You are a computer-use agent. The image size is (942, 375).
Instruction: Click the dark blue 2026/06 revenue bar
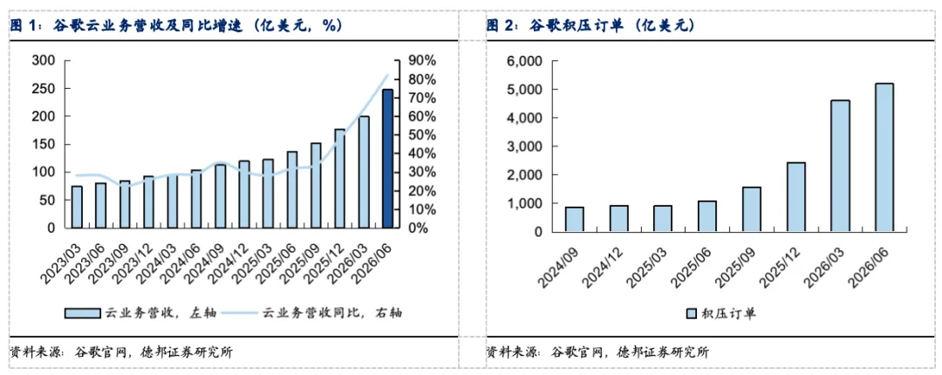(x=387, y=159)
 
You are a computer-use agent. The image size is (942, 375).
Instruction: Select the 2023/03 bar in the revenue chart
(x=76, y=208)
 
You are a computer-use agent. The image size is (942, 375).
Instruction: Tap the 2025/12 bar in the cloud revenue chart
(x=340, y=179)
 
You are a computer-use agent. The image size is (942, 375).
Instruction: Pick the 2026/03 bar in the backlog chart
(x=840, y=166)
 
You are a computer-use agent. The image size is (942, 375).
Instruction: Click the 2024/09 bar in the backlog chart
(x=574, y=220)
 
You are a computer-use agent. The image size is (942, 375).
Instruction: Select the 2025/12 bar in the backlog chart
(x=795, y=197)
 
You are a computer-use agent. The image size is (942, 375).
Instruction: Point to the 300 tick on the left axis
(x=44, y=61)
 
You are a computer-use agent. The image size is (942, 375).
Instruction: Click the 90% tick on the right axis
(x=423, y=61)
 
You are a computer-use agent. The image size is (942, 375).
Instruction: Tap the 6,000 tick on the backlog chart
(x=524, y=61)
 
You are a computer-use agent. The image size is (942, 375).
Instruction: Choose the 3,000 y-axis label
(x=524, y=147)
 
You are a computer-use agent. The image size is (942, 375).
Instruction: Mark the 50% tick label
(x=423, y=135)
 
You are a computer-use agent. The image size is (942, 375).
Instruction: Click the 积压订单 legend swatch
(x=690, y=313)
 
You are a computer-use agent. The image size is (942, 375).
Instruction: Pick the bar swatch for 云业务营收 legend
(x=83, y=313)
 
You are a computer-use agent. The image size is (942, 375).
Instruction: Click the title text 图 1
(x=23, y=25)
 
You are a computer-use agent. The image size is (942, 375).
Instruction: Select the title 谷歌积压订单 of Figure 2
(x=574, y=25)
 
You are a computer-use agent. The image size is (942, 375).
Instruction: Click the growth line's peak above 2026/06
(x=387, y=75)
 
